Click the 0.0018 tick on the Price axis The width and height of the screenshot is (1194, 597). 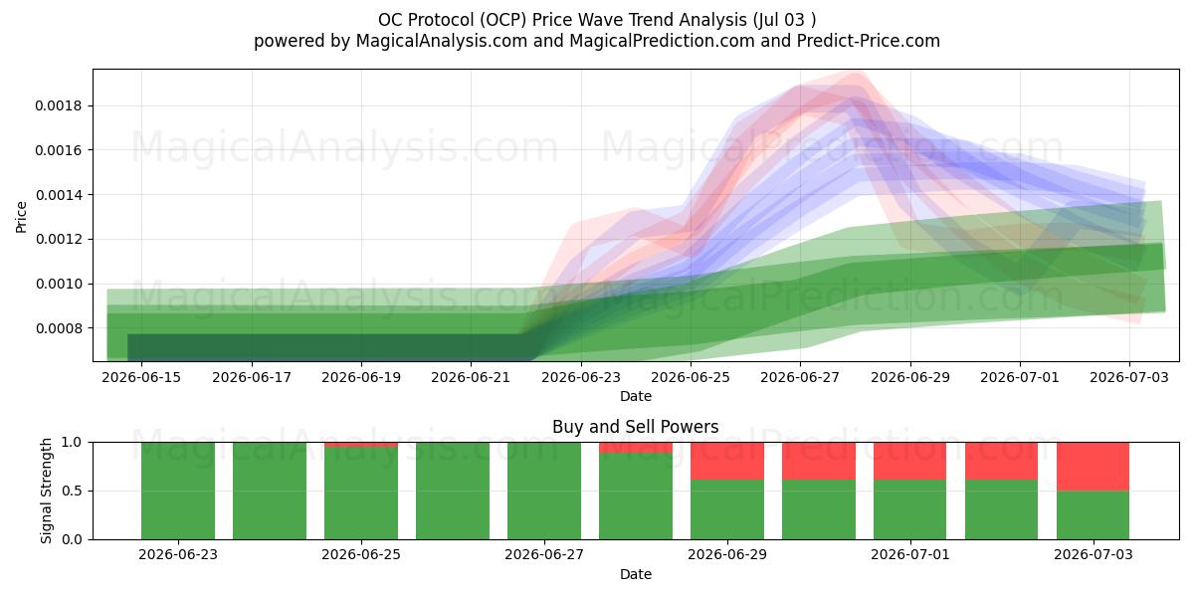point(59,106)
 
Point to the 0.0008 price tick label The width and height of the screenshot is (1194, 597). point(59,328)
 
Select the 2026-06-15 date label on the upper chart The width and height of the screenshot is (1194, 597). point(141,377)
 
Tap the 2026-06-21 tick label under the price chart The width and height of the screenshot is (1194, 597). point(471,377)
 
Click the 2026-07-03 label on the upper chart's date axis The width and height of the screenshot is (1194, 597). point(1129,377)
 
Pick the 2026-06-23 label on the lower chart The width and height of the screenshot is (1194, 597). point(178,555)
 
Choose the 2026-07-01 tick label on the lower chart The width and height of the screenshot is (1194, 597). point(909,555)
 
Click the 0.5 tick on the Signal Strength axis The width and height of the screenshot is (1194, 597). point(73,491)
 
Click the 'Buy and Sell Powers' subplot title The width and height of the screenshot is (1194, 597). point(636,427)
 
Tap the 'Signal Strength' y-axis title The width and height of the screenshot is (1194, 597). point(47,491)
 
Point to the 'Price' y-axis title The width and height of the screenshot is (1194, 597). point(21,217)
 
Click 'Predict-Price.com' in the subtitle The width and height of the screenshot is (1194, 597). point(869,41)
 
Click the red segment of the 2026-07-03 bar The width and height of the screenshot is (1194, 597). point(1093,467)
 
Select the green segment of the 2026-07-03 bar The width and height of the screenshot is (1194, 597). point(1093,515)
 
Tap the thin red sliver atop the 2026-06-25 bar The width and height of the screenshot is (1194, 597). point(361,445)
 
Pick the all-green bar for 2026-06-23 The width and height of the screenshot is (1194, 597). point(178,491)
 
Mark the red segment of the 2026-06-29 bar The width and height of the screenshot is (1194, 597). point(727,461)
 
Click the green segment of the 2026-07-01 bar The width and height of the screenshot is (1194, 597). point(909,509)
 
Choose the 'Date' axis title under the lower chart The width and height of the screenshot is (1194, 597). point(636,574)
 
